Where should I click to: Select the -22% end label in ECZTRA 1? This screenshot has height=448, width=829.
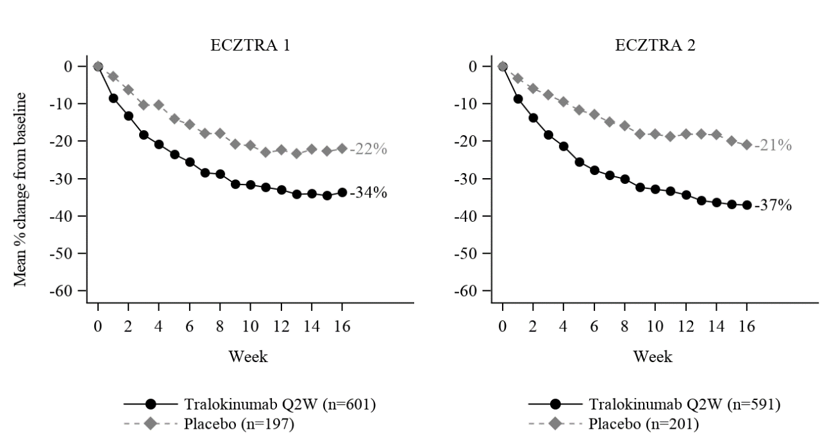click(x=371, y=149)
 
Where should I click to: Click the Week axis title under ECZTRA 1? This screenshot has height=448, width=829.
click(x=248, y=356)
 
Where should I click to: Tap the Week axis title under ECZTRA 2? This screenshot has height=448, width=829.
click(x=653, y=356)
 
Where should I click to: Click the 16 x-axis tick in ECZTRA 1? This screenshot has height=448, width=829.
click(x=342, y=326)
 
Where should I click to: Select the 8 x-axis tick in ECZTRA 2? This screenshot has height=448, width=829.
click(x=624, y=326)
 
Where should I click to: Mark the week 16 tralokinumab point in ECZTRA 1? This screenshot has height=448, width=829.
click(x=342, y=192)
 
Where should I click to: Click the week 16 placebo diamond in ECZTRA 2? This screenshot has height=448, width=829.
click(x=746, y=145)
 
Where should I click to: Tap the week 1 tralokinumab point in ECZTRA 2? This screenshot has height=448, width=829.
click(x=518, y=99)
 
